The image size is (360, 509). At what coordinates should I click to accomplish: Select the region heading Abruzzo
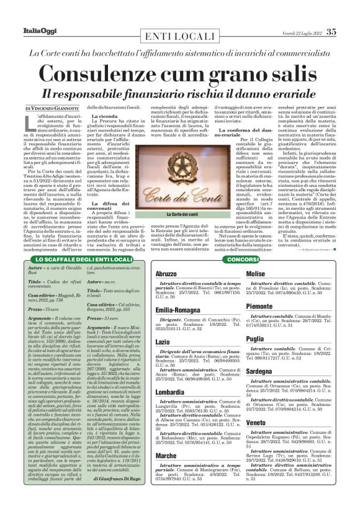[166, 274]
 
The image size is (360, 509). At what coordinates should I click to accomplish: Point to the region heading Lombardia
[169, 393]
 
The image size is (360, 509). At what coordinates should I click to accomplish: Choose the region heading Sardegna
[259, 371]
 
